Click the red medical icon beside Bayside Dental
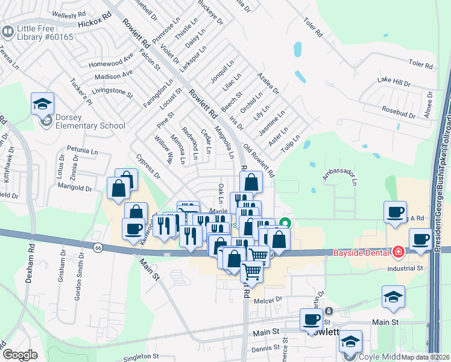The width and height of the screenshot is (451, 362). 398,251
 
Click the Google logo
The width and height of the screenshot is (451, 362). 19,355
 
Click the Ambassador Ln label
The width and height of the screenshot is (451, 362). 340,177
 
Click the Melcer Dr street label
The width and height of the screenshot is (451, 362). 268,300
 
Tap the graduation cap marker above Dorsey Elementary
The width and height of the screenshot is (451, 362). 43,104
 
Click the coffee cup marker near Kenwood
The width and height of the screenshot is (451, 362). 133,229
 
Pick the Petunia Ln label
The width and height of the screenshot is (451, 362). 83,148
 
